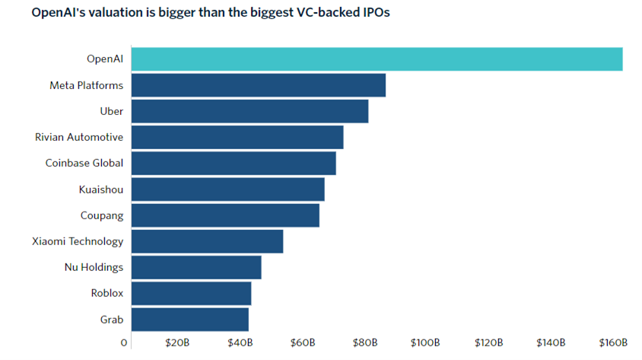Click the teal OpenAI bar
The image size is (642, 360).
pos(377,59)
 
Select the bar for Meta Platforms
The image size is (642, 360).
pos(259,85)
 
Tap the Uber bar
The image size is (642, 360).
pos(249,111)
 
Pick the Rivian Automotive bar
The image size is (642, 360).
pos(237,137)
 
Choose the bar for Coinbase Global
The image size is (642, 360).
pos(234,163)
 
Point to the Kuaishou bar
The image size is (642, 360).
pos(228,190)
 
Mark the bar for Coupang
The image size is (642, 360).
pos(225,215)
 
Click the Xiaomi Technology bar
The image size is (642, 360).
pos(207,241)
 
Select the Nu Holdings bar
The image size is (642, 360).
pos(196,267)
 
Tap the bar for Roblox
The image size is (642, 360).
pos(192,293)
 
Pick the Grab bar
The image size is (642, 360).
pos(190,319)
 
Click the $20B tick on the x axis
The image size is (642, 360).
pos(177,343)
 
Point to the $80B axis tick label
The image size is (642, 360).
pos(365,343)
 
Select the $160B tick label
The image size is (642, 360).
pos(612,343)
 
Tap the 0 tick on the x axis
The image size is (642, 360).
pos(124,343)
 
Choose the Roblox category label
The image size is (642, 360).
pos(106,293)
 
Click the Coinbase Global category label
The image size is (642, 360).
pos(84,163)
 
